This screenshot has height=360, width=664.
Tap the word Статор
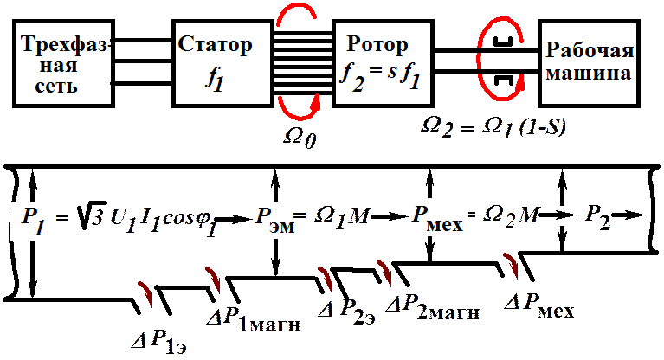(x=216, y=44)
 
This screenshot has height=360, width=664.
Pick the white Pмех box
(x=437, y=220)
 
